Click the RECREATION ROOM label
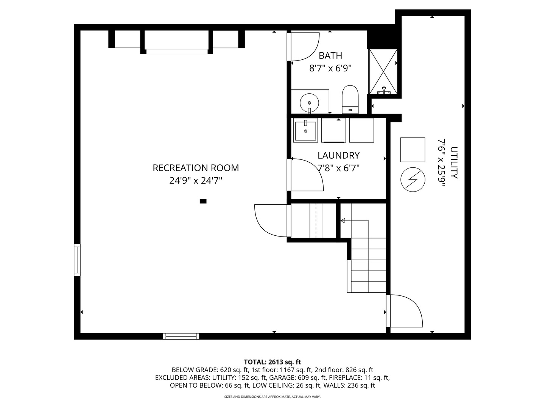[x=196, y=168]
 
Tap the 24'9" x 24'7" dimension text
[x=196, y=181]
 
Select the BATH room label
[x=330, y=56]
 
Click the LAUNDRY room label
[x=338, y=155]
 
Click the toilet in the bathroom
[x=350, y=99]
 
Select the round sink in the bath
[x=309, y=102]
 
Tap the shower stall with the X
[x=383, y=71]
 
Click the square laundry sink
[x=305, y=130]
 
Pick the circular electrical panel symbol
[x=413, y=179]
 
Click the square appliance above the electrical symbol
[x=413, y=150]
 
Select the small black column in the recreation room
[x=203, y=201]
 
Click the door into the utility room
[x=405, y=311]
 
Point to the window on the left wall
[x=77, y=260]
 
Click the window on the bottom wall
[x=181, y=336]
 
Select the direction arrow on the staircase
[x=343, y=221]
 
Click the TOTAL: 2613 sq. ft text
[x=272, y=362]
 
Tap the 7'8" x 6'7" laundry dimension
[x=338, y=168]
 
